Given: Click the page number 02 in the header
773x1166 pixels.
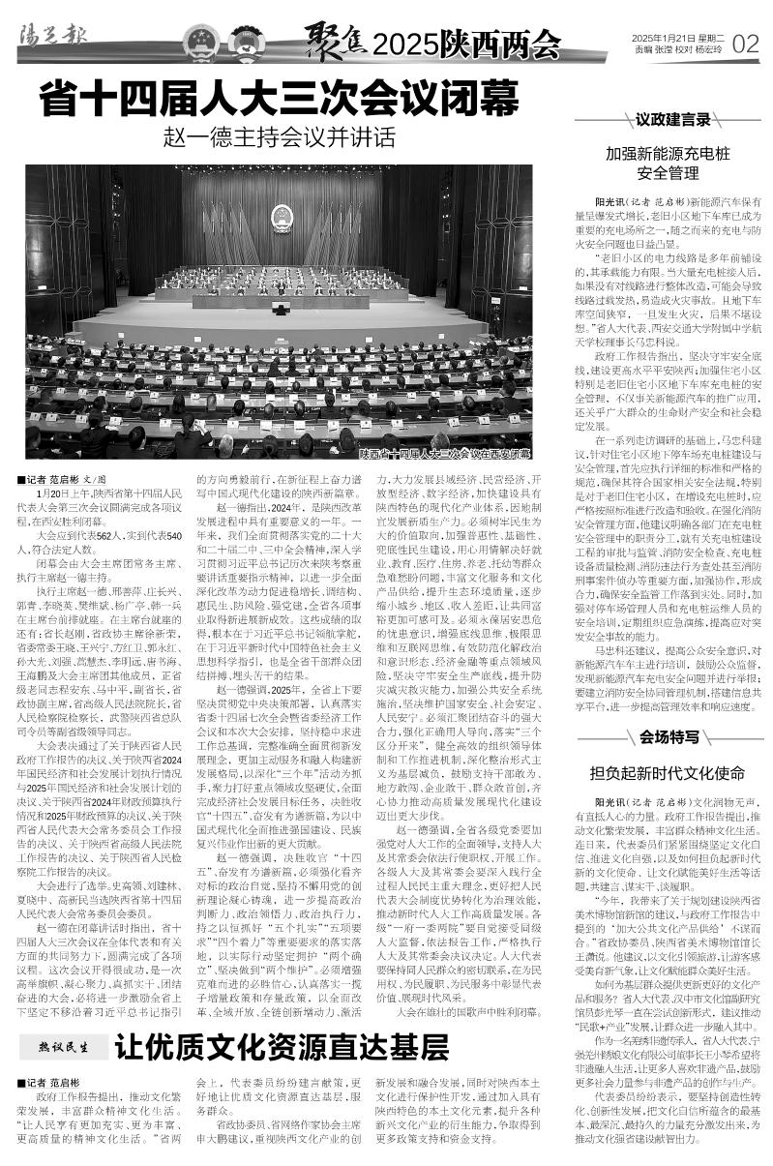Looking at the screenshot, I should click(x=745, y=43).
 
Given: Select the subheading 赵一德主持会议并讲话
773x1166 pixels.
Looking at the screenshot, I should click(x=280, y=136).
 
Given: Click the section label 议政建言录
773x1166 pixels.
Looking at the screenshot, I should click(x=673, y=120).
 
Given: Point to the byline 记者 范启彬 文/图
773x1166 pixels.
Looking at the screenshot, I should click(x=60, y=478).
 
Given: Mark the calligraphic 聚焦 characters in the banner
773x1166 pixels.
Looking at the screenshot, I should click(x=335, y=42).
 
